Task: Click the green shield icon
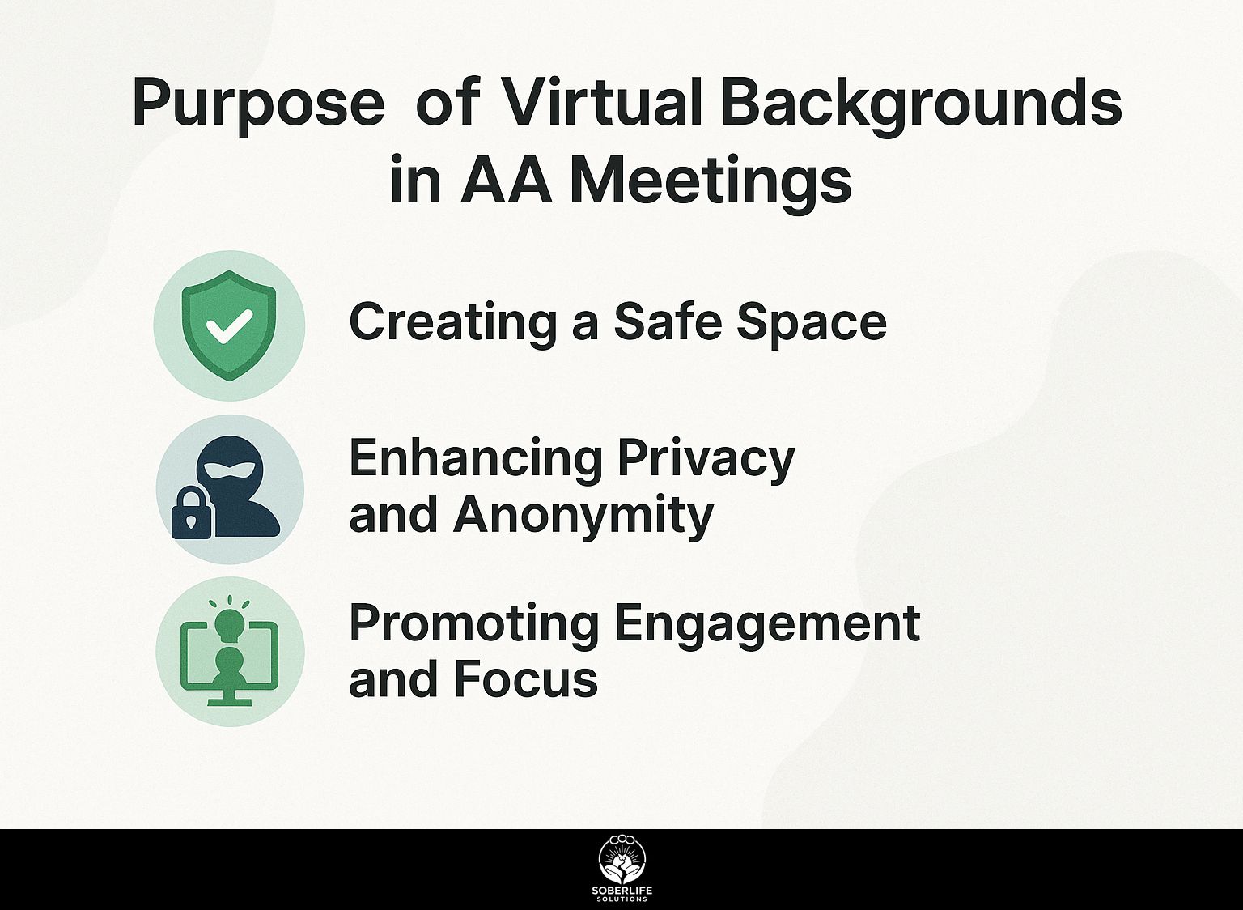pyautogui.click(x=229, y=325)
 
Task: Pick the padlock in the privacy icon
pyautogui.click(x=191, y=512)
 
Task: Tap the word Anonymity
pyautogui.click(x=583, y=517)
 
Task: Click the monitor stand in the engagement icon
pyautogui.click(x=229, y=697)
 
